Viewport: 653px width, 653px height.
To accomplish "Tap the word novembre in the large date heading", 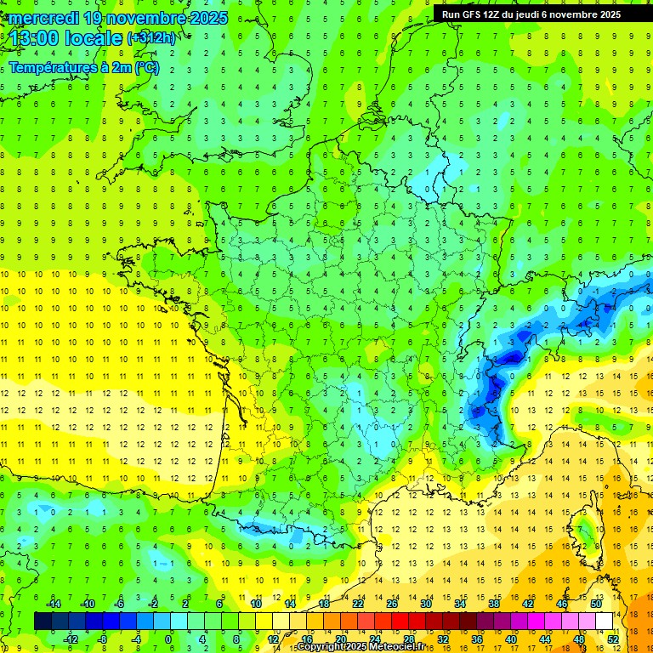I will click(147, 18).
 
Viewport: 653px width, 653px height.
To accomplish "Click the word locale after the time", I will click(97, 38).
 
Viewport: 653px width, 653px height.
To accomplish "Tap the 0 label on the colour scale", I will click(169, 639).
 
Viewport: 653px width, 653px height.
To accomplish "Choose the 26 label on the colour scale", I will click(392, 604).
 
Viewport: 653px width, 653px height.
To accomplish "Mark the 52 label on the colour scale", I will click(612, 639).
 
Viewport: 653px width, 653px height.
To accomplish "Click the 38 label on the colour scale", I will click(494, 604).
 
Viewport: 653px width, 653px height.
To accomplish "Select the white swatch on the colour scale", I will click(604, 622).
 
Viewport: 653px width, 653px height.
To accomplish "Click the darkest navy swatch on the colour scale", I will click(43, 622).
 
